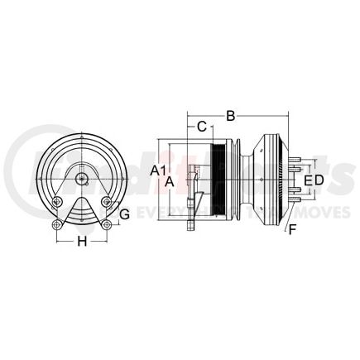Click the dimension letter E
pyautogui.click(x=308, y=180)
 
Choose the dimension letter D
pyautogui.click(x=318, y=180)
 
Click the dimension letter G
pyautogui.click(x=125, y=214)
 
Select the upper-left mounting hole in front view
pyautogui.click(x=56, y=203)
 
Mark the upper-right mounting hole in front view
pyautogui.click(x=106, y=203)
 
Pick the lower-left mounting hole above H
pyautogui.click(x=57, y=226)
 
